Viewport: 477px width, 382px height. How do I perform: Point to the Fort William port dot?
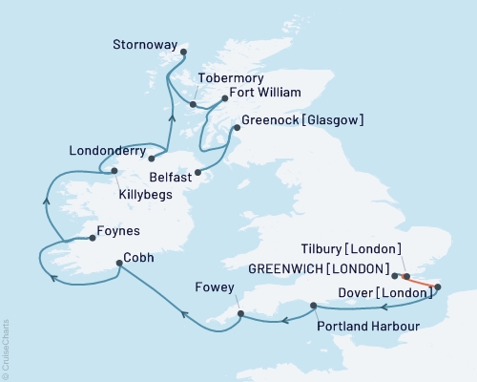coord(225,96)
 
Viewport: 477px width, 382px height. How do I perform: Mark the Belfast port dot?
coord(197,173)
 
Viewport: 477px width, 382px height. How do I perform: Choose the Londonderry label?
coord(108,150)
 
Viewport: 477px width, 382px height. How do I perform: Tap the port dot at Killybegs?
coord(114,172)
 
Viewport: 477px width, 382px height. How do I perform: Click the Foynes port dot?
coord(92,230)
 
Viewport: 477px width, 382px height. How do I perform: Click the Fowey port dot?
coord(240,312)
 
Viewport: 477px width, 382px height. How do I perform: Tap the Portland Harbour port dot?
coord(314,306)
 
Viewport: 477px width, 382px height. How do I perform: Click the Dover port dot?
coord(438,286)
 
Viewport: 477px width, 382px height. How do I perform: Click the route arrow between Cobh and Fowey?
coord(183,309)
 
